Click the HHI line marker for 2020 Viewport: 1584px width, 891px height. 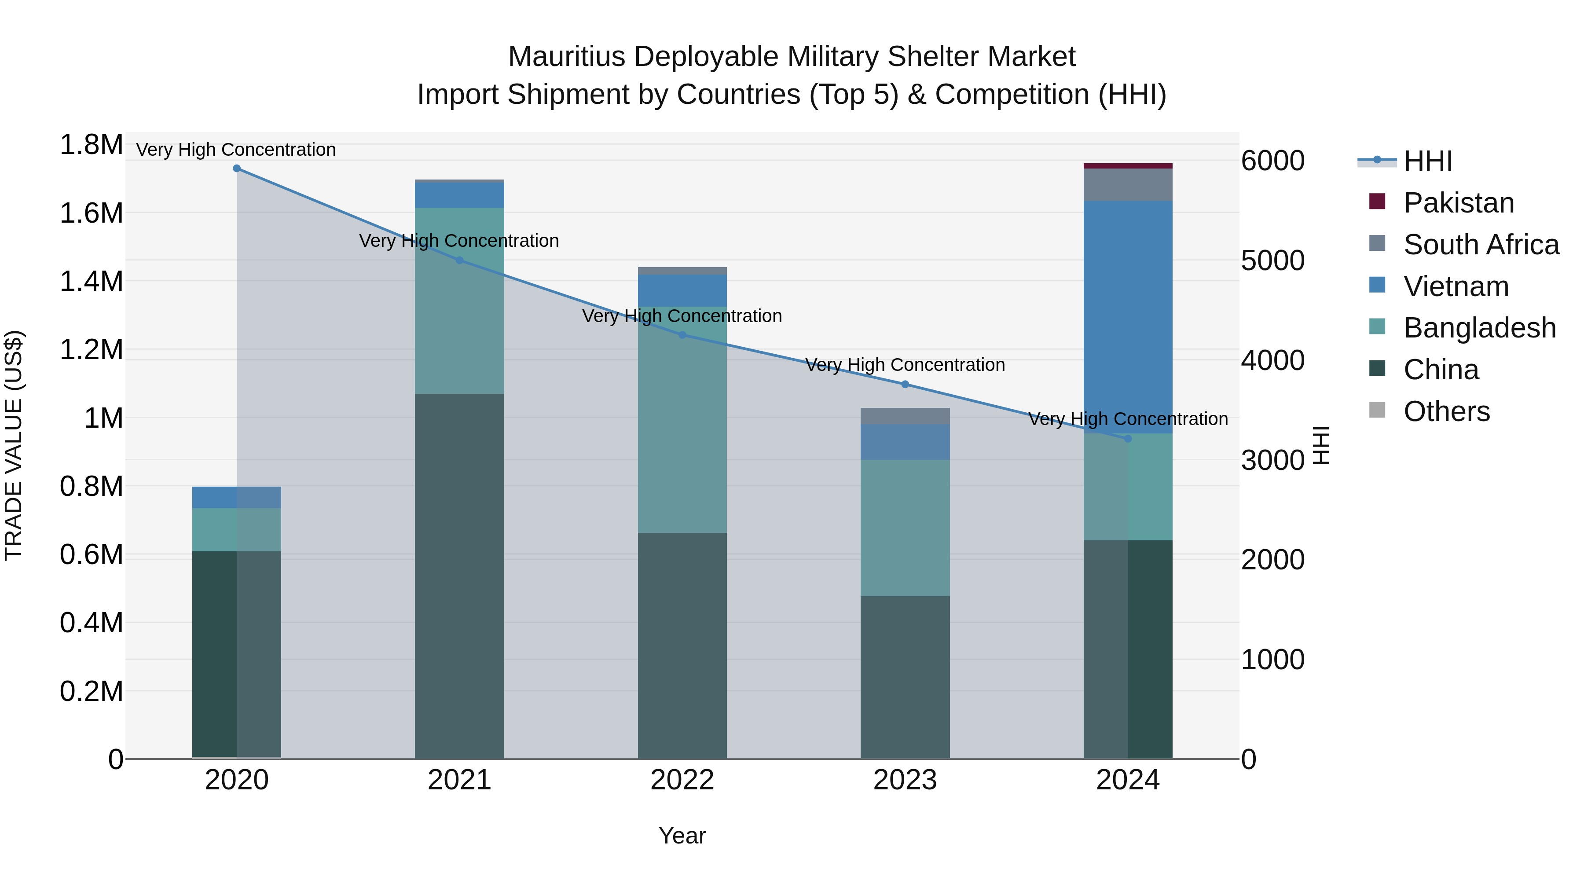[237, 169]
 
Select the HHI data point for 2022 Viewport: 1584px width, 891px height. [682, 335]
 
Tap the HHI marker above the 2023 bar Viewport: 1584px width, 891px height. [905, 384]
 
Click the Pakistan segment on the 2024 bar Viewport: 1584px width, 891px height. [1128, 166]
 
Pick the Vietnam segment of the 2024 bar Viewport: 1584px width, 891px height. [1128, 317]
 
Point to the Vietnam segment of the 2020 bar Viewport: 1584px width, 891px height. [237, 498]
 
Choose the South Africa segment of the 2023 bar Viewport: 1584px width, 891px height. [905, 416]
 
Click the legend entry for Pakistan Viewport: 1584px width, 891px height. [1458, 203]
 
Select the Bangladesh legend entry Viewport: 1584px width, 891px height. [1479, 328]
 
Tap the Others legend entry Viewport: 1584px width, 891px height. [1446, 411]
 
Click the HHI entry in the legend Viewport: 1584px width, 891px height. [1427, 161]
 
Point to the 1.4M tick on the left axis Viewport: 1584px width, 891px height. [91, 282]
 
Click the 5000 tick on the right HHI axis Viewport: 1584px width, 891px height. [1272, 261]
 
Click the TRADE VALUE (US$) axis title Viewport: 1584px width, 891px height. [14, 445]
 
